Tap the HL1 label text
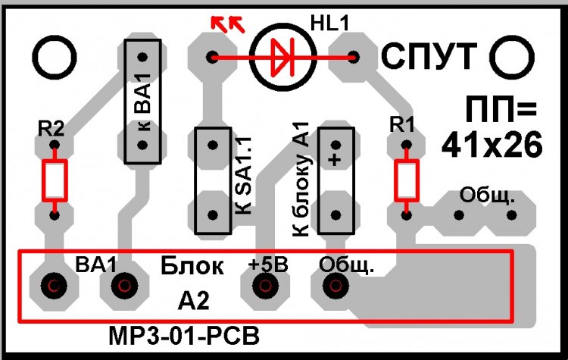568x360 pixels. pyautogui.click(x=329, y=24)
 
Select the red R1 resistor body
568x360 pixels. pyautogui.click(x=407, y=180)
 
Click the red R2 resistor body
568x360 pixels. pyautogui.click(x=54, y=179)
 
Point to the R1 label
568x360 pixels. pyautogui.click(x=401, y=123)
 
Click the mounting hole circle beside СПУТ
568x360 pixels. pyautogui.click(x=512, y=56)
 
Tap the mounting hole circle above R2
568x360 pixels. pyautogui.click(x=54, y=56)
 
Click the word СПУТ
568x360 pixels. pyautogui.click(x=429, y=55)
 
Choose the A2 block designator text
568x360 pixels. pyautogui.click(x=193, y=302)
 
